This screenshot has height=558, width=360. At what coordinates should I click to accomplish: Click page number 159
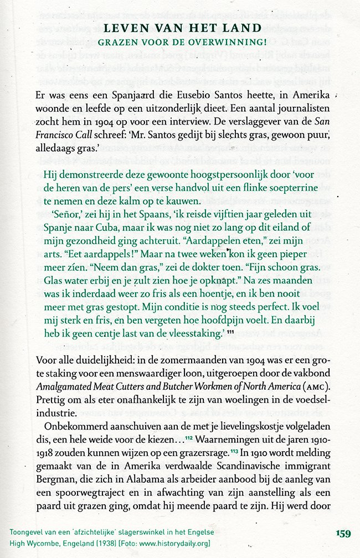pos(343,534)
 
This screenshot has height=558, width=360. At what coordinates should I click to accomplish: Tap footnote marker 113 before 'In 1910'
pos(234,438)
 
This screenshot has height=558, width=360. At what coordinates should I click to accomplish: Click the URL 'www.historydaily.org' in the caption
pos(173,543)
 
